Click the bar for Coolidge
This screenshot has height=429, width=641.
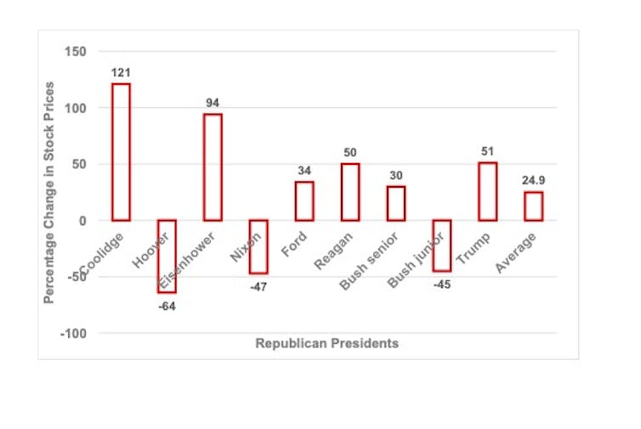(x=122, y=152)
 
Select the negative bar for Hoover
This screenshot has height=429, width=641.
(x=167, y=257)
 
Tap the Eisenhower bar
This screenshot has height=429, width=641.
(x=213, y=167)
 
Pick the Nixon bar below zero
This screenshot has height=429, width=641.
(x=258, y=246)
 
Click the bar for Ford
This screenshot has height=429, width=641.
(x=304, y=201)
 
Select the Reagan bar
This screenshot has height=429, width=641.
(x=350, y=192)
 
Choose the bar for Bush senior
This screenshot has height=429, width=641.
(x=396, y=203)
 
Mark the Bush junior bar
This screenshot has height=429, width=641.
(x=442, y=246)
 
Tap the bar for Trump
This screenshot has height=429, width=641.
(x=487, y=191)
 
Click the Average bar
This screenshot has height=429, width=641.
(x=533, y=206)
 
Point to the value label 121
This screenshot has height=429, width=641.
(x=122, y=73)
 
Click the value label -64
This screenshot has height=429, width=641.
(x=167, y=306)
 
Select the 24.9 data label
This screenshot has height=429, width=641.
(x=533, y=181)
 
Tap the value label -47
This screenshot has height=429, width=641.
(x=258, y=287)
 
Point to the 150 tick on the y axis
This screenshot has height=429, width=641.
(x=76, y=52)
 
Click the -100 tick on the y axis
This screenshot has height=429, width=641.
(x=73, y=334)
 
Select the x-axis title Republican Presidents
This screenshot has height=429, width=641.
(x=326, y=344)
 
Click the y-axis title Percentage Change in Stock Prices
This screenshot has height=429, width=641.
(x=50, y=192)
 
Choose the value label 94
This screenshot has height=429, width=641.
(x=213, y=103)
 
